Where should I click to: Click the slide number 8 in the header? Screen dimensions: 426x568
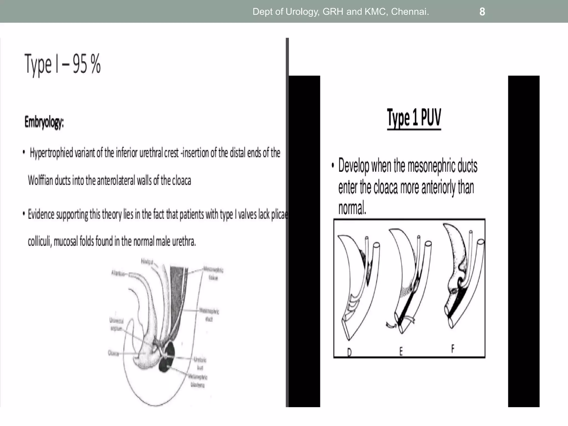[482, 12]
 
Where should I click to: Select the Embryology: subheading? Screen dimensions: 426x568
[44, 122]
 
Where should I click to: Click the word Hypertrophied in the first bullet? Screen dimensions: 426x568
[51, 153]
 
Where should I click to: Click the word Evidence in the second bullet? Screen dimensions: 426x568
[41, 214]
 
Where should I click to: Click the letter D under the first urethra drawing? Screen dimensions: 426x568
[349, 352]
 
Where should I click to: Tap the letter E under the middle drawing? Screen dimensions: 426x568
[401, 352]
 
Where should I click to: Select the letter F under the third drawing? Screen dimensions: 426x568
[453, 349]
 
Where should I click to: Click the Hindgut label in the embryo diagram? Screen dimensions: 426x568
[147, 261]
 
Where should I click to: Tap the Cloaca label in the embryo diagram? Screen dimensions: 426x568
[113, 353]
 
